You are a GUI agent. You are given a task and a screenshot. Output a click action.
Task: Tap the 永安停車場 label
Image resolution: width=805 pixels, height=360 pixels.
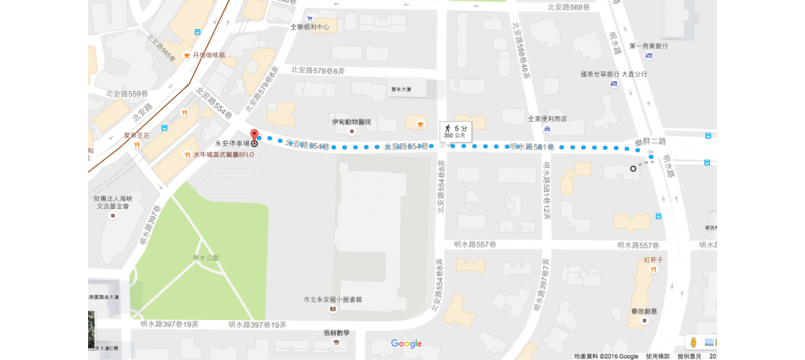point(232,144)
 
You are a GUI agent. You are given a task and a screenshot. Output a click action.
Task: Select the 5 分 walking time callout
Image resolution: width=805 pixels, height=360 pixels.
point(455,130)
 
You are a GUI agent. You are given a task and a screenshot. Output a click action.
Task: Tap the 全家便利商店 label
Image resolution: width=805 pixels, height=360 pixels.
point(546,119)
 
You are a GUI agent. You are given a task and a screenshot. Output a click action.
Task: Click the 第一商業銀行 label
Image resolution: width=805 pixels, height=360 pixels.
point(649,46)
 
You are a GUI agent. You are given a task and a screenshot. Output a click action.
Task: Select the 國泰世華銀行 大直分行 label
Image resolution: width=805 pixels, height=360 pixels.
point(613,74)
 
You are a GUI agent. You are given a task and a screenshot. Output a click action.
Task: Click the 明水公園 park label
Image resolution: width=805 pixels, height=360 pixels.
point(206,258)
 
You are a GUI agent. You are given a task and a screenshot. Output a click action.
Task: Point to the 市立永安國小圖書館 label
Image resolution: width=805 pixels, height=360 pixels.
point(333,299)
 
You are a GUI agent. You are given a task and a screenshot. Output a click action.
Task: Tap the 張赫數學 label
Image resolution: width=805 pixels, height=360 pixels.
point(336,332)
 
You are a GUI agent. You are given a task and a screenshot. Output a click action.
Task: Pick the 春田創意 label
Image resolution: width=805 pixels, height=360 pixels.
point(643,311)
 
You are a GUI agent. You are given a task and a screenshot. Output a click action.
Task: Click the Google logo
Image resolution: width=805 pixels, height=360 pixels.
point(406,343)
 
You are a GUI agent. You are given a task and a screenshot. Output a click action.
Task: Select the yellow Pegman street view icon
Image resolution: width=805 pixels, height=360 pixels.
point(693,342)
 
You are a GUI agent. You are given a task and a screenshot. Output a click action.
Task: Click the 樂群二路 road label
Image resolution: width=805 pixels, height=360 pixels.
point(651,141)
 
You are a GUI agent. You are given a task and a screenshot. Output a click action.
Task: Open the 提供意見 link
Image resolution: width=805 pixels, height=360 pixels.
point(689,356)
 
